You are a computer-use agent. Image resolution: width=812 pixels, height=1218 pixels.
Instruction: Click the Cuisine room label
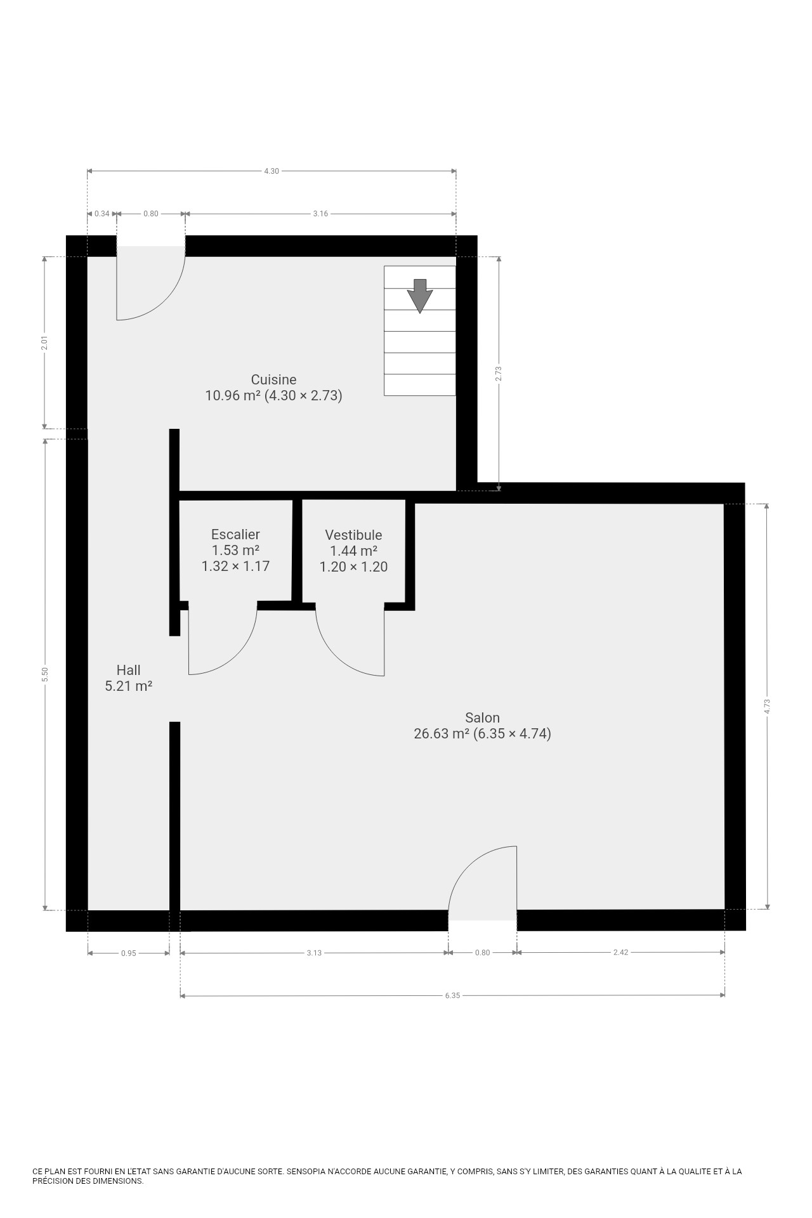click(x=273, y=379)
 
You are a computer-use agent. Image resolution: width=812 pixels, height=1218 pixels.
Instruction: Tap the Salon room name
click(x=482, y=717)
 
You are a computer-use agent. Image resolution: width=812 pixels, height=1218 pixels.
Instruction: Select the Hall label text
click(x=128, y=670)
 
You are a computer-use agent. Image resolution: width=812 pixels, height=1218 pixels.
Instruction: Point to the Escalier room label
click(x=235, y=534)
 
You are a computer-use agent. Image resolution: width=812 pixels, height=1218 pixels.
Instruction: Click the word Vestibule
click(x=353, y=535)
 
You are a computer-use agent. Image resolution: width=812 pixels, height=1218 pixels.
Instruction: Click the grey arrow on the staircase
click(x=420, y=296)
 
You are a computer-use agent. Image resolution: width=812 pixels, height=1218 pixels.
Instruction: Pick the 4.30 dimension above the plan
click(x=271, y=171)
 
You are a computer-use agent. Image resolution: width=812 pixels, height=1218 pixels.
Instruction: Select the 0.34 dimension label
click(x=101, y=214)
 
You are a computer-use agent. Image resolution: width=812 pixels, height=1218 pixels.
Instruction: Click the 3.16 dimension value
click(x=320, y=214)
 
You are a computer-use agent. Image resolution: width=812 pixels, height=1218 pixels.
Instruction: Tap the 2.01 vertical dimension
click(x=44, y=343)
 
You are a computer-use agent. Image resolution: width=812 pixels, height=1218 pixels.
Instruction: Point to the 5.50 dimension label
click(x=44, y=674)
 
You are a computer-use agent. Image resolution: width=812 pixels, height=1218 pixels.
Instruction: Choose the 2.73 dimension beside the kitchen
click(x=499, y=374)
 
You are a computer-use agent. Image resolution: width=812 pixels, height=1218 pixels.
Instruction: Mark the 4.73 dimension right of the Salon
click(x=767, y=706)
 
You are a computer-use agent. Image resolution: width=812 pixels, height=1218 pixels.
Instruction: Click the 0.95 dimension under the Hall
click(x=128, y=953)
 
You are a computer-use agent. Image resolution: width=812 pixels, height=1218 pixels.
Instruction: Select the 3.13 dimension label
click(x=314, y=953)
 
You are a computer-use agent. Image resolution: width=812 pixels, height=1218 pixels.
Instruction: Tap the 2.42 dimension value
click(x=620, y=952)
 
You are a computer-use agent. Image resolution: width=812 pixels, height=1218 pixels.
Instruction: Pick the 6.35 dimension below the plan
click(x=452, y=996)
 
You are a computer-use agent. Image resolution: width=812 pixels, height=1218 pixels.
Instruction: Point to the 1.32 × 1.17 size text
click(x=235, y=566)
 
